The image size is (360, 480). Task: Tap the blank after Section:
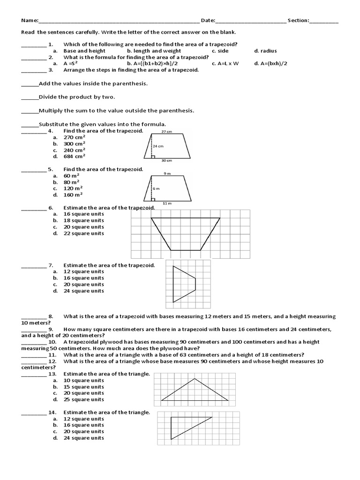(x=323, y=21)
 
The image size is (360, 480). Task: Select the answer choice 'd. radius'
(x=266, y=51)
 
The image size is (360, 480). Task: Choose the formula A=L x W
(x=225, y=63)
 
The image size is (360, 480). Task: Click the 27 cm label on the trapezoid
(x=166, y=132)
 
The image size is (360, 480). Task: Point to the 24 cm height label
(x=157, y=146)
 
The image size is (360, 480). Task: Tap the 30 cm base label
(x=166, y=161)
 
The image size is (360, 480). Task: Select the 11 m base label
(x=166, y=203)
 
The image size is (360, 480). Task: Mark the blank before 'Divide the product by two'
(x=30, y=97)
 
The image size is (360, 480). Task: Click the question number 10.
(x=52, y=342)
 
